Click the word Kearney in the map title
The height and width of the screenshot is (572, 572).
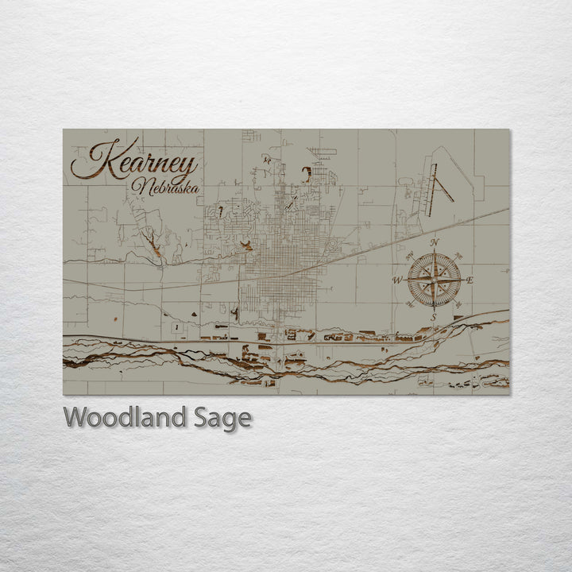[x=133, y=162]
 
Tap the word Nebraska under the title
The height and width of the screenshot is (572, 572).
[x=167, y=187]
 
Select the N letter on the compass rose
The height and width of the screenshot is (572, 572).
[x=435, y=242]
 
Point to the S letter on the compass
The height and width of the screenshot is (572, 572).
[x=434, y=318]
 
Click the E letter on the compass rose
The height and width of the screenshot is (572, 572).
[x=470, y=280]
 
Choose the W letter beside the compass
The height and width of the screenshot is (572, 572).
[x=397, y=280]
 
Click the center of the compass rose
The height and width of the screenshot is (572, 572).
[x=434, y=280]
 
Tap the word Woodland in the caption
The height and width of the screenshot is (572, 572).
[x=127, y=418]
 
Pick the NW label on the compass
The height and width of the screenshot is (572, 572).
[x=409, y=256]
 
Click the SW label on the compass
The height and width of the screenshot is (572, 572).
[x=409, y=304]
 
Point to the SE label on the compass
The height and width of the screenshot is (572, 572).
[x=459, y=304]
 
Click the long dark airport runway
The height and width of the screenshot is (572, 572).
[x=443, y=189]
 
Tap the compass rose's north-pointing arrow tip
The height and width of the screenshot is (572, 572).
[x=434, y=251]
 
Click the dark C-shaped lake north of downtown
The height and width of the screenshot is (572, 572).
[x=307, y=173]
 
